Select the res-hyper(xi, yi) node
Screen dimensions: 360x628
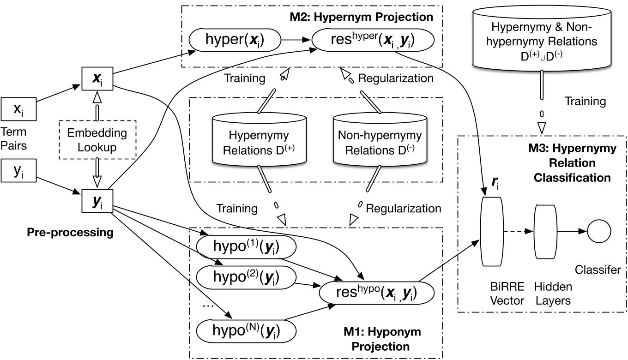pyautogui.click(x=374, y=41)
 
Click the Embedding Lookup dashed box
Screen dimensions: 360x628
pyautogui.click(x=97, y=139)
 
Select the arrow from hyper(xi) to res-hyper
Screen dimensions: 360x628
pyautogui.click(x=296, y=41)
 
